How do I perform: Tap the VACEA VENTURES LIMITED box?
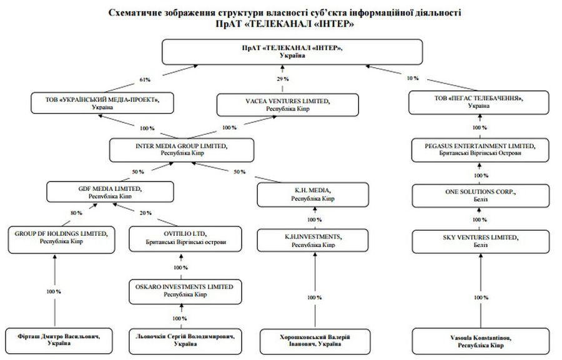coord(287,104)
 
